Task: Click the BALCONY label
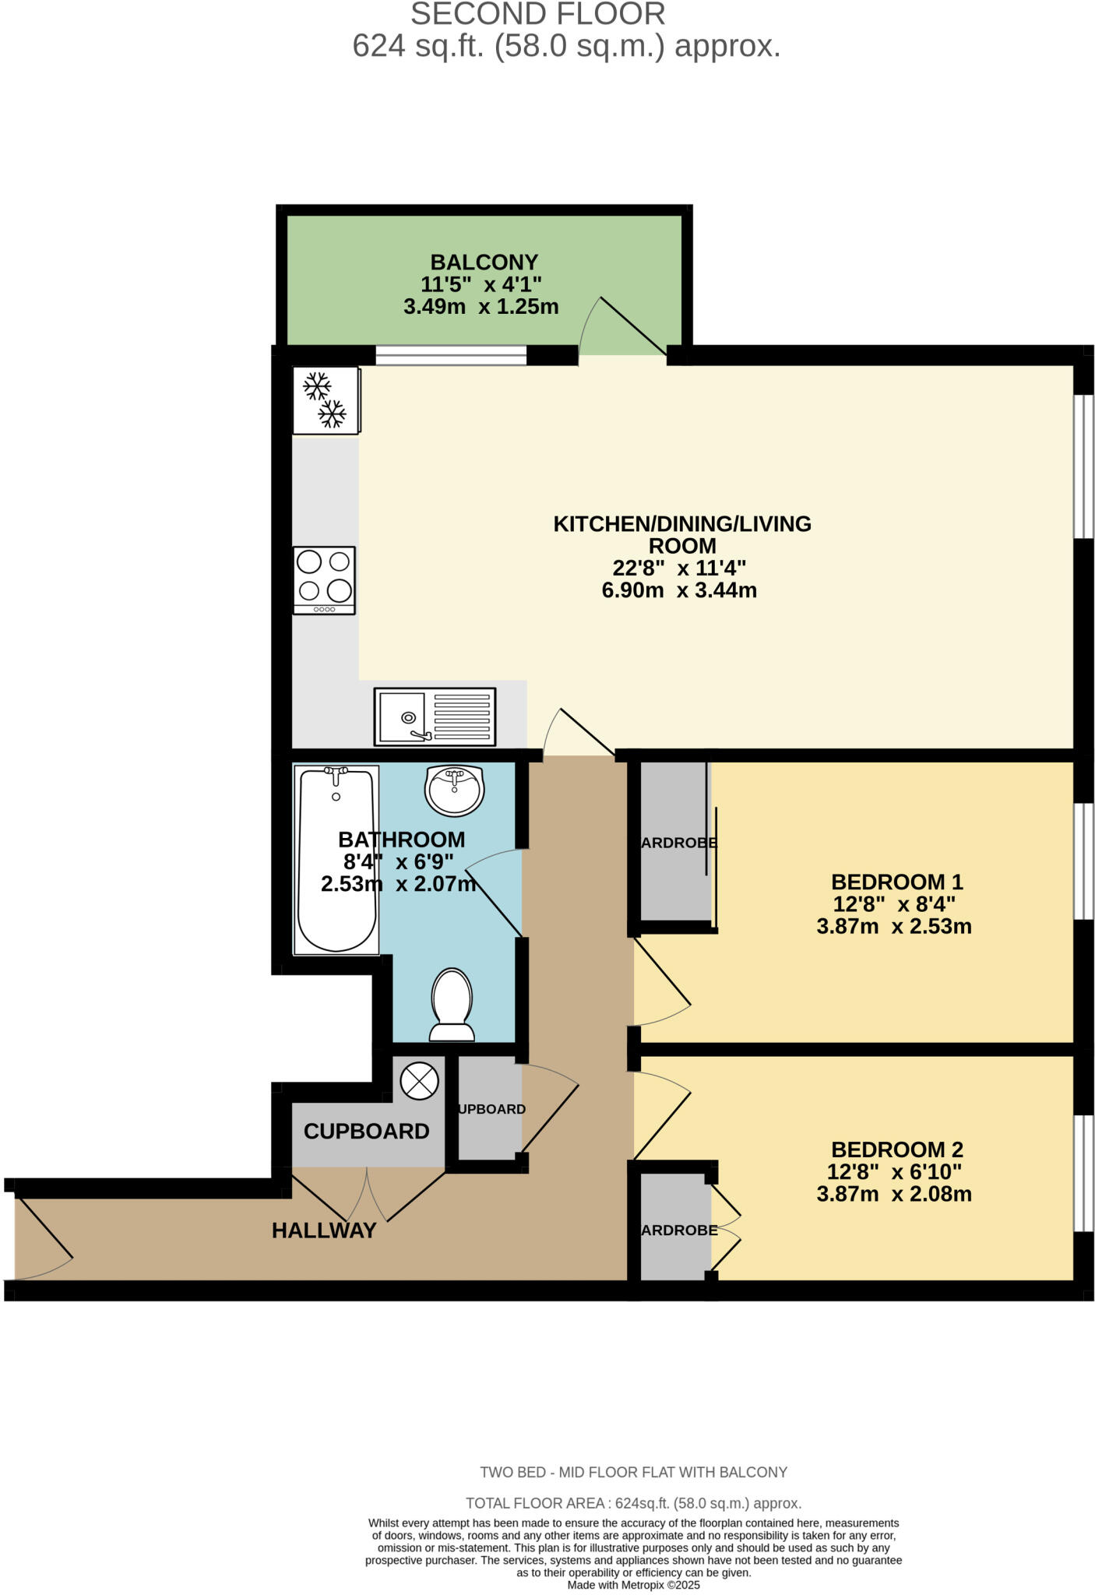pos(484,262)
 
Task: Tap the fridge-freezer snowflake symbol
pos(325,400)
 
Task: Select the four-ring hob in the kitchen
pos(325,579)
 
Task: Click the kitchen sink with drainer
pos(435,715)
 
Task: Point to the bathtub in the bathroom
pos(336,860)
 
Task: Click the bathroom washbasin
pos(455,789)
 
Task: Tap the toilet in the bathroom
pos(452,1005)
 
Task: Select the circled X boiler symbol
pos(419,1081)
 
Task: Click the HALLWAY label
pos(324,1231)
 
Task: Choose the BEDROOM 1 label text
pos(896,882)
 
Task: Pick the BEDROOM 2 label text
pos(896,1150)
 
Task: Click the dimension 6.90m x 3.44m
pos(678,590)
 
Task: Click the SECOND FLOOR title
pos(537,14)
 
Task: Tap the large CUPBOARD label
pos(366,1132)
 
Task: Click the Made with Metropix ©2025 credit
pos(633,1585)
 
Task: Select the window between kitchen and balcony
pos(451,356)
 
